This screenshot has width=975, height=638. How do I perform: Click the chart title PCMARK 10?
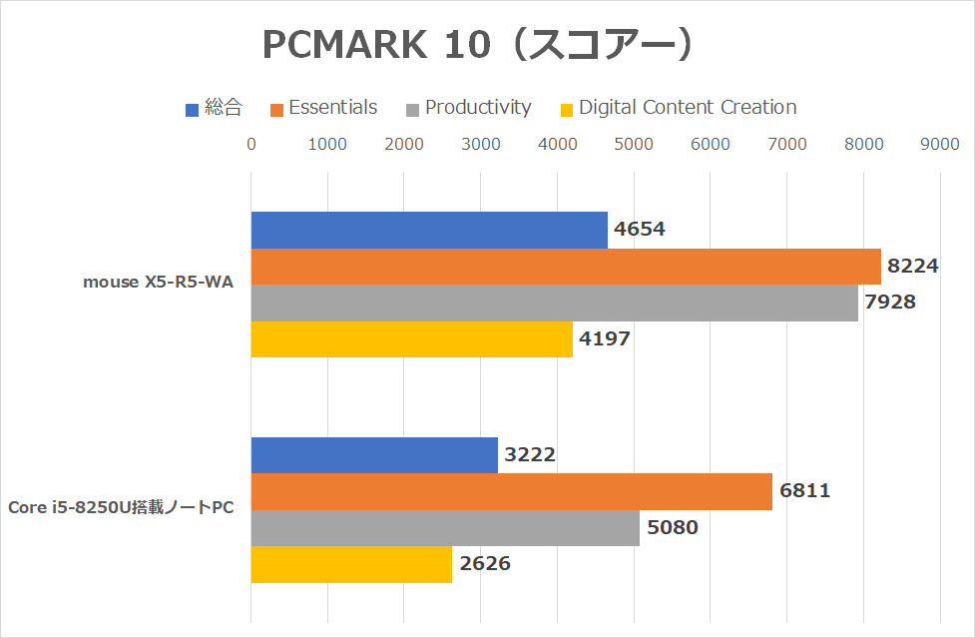tap(478, 45)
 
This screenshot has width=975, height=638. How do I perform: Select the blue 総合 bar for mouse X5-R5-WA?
tap(429, 230)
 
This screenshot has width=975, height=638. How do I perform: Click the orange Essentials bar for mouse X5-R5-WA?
tap(566, 267)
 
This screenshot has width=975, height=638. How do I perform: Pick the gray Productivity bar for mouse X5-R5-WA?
tap(554, 303)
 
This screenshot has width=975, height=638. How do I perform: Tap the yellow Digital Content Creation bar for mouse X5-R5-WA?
tap(411, 339)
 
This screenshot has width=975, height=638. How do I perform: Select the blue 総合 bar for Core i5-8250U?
tap(374, 455)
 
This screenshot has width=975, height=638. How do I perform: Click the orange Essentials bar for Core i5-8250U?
tap(511, 491)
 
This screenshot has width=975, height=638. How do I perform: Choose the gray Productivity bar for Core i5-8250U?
tap(445, 528)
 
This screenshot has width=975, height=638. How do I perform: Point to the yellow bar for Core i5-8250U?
tap(351, 564)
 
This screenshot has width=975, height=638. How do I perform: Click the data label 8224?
tap(914, 267)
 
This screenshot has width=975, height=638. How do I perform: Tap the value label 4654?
tap(640, 230)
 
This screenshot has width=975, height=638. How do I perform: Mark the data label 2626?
tap(485, 564)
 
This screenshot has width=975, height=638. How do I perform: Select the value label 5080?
tap(673, 528)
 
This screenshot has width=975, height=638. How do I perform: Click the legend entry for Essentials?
tap(332, 108)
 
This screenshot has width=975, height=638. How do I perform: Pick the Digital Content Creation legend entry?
tap(688, 108)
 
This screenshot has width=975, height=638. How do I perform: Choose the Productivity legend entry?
tap(478, 108)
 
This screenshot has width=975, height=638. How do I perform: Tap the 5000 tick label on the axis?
tap(634, 145)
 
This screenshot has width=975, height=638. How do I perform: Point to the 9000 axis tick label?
tap(940, 145)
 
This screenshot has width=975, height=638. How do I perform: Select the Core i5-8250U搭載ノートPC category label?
tap(121, 508)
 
